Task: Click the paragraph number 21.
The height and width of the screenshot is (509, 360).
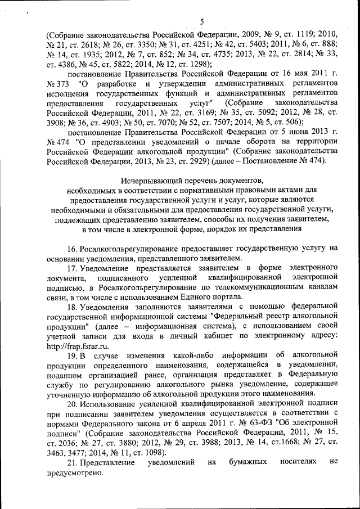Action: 73,462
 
